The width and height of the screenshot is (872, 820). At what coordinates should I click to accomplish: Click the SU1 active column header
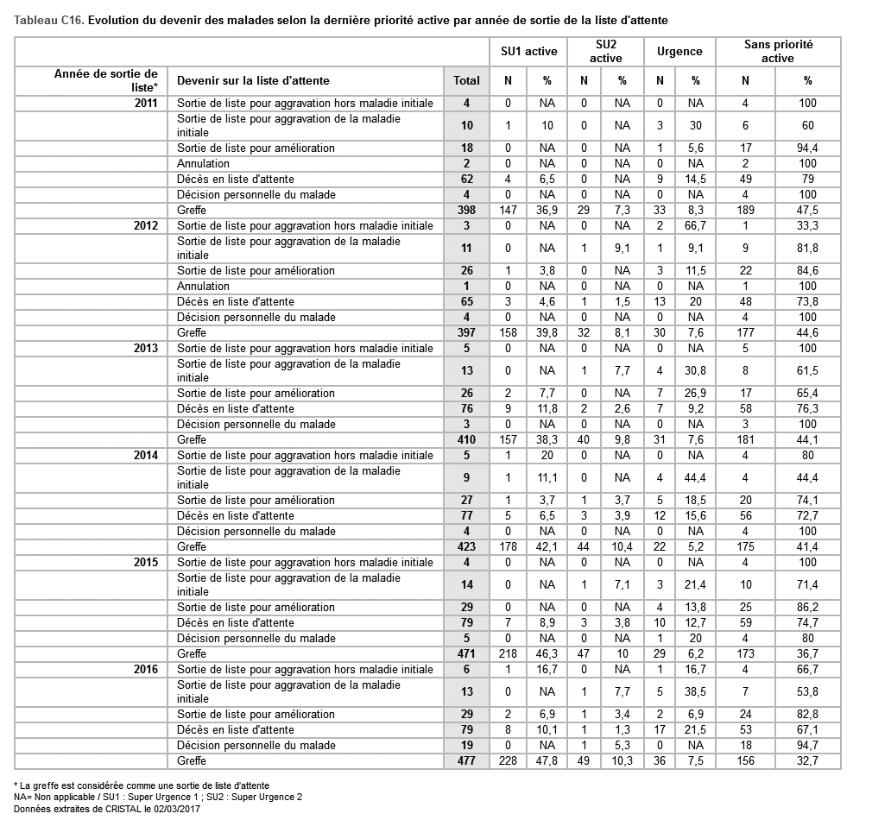coord(528,51)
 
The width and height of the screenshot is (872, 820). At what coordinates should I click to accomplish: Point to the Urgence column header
coord(679,51)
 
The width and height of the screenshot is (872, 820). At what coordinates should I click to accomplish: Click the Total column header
coord(466,80)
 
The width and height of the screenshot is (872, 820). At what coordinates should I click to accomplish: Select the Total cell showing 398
coord(466,210)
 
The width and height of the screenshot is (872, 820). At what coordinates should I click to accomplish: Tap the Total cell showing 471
coord(466,653)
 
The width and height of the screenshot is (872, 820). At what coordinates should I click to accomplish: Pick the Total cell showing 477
coord(466,760)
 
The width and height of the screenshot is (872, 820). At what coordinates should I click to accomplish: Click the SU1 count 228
coord(509,760)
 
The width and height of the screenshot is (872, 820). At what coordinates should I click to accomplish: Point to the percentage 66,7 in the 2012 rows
coord(696,225)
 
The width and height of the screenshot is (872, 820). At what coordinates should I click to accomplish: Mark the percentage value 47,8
coord(547,760)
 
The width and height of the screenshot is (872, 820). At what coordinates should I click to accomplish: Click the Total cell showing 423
coord(466,546)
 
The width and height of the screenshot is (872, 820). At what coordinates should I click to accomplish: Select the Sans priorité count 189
coord(745,210)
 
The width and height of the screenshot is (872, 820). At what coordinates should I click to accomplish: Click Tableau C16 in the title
coord(48,19)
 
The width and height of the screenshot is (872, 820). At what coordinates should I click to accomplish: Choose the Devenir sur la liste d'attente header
coord(253,80)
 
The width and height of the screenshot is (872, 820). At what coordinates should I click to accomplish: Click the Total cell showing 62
coord(466,179)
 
